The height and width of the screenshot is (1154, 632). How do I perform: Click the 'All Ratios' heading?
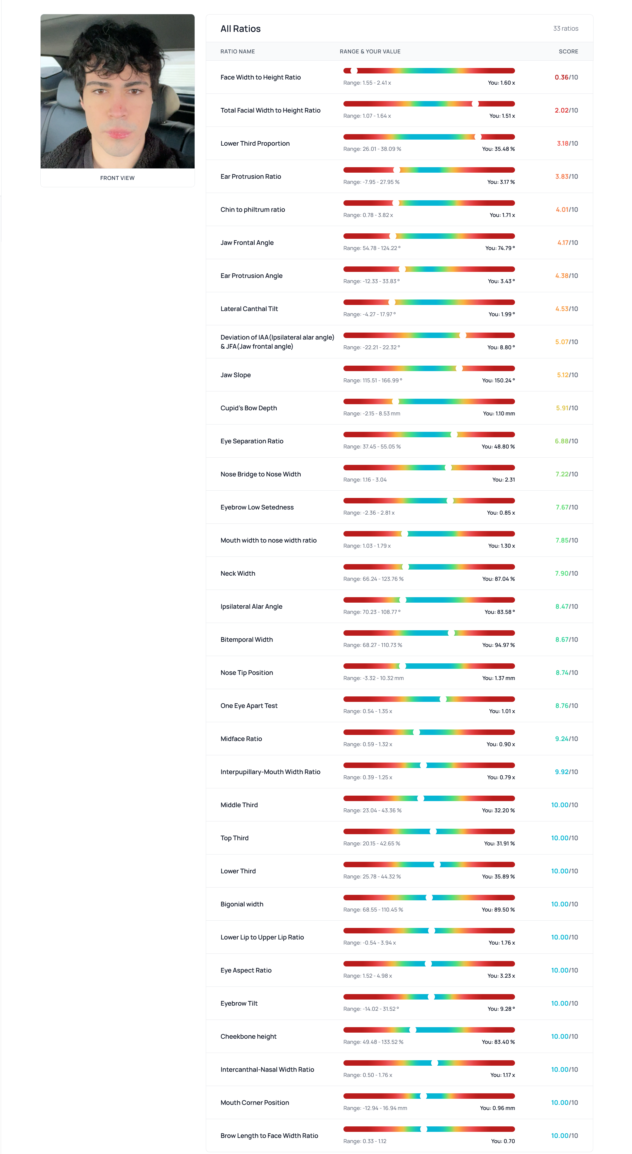pyautogui.click(x=240, y=29)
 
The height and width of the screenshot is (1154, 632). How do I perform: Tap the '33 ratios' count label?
pyautogui.click(x=565, y=29)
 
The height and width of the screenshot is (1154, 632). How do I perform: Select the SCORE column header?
pyautogui.click(x=568, y=52)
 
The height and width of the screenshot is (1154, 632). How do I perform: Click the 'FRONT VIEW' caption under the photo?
pyautogui.click(x=117, y=178)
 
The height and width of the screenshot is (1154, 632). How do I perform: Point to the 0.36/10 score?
pyautogui.click(x=566, y=77)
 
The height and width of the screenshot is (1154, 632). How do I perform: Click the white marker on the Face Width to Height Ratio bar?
pyautogui.click(x=354, y=71)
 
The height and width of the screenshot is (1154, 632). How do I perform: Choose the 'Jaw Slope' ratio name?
pyautogui.click(x=236, y=375)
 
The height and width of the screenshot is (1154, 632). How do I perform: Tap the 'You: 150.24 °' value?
pyautogui.click(x=498, y=380)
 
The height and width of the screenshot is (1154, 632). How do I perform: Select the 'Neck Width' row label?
pyautogui.click(x=238, y=574)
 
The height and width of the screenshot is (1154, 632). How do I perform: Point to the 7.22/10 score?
pyautogui.click(x=566, y=474)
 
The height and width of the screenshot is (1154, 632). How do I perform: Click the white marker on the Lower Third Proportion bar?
pyautogui.click(x=478, y=137)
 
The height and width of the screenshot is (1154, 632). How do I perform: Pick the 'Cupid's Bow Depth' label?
pyautogui.click(x=249, y=408)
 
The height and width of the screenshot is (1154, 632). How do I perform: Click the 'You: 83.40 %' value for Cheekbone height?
pyautogui.click(x=498, y=1042)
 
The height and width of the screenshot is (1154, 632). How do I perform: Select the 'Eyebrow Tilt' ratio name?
pyautogui.click(x=239, y=1003)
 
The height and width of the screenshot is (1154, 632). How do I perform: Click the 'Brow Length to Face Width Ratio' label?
pyautogui.click(x=269, y=1135)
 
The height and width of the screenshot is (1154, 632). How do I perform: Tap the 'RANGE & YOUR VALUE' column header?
pyautogui.click(x=370, y=52)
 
